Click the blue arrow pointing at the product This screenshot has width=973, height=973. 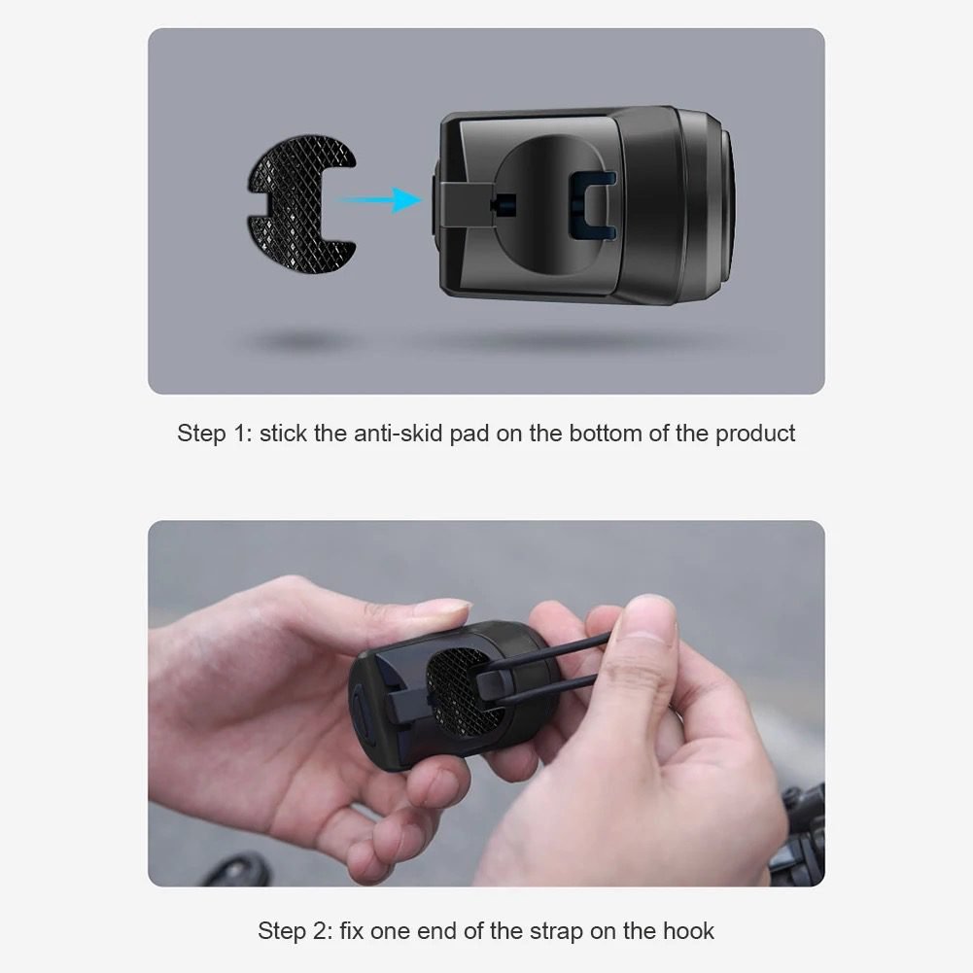378,200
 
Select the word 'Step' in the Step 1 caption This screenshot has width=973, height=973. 201,434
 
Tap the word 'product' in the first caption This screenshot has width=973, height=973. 755,434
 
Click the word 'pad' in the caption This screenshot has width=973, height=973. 469,434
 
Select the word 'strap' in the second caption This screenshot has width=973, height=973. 556,931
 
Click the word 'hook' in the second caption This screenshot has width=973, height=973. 688,931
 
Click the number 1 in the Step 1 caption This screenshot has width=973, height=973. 242,434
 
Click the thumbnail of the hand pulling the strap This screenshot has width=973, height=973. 486,703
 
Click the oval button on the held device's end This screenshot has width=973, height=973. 363,717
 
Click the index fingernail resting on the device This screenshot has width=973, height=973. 443,608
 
